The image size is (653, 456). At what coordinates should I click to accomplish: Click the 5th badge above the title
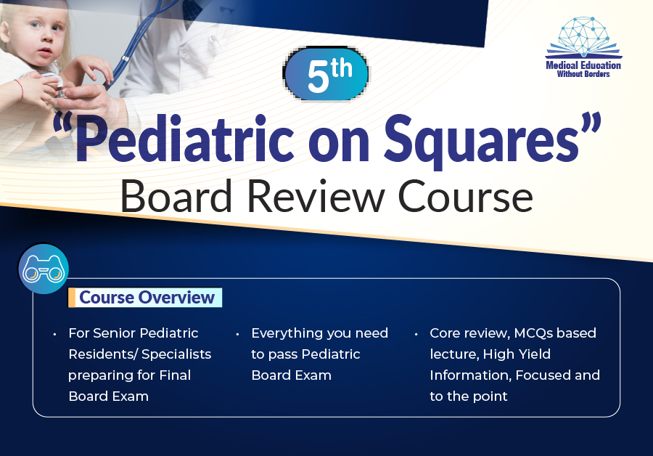pyautogui.click(x=326, y=74)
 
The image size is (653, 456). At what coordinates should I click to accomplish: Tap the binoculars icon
pyautogui.click(x=44, y=269)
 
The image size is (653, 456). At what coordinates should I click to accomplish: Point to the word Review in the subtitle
pyautogui.click(x=316, y=196)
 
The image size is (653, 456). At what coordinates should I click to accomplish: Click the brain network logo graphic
pyautogui.click(x=583, y=38)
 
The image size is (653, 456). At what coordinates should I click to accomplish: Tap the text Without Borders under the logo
pyautogui.click(x=583, y=74)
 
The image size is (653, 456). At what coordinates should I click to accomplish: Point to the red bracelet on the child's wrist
pyautogui.click(x=20, y=89)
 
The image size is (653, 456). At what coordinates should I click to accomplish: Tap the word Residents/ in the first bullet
pyautogui.click(x=103, y=354)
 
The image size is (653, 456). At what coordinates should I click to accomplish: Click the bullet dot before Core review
pyautogui.click(x=416, y=334)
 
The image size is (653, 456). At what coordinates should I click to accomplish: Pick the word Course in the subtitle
pyautogui.click(x=466, y=196)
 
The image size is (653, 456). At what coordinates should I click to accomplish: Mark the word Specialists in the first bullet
pyautogui.click(x=176, y=354)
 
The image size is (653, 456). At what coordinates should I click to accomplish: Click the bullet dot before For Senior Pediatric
pyautogui.click(x=54, y=334)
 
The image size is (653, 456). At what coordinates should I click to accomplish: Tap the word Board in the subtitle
pyautogui.click(x=176, y=196)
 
